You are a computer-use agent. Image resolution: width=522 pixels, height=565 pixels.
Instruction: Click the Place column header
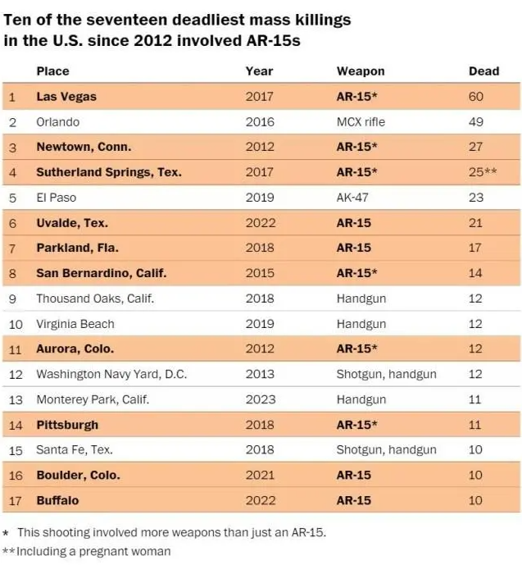(x=52, y=71)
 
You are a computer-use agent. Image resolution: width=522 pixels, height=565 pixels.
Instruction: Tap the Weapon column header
(x=360, y=71)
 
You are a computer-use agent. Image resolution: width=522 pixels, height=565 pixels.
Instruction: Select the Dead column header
(x=483, y=71)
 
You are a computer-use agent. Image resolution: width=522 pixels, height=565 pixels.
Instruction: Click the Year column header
(x=259, y=71)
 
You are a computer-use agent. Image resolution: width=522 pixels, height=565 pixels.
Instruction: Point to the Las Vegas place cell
(x=66, y=97)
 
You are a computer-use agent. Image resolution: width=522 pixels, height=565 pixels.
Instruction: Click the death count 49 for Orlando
(x=475, y=122)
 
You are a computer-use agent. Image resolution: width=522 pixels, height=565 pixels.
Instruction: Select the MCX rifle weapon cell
(x=361, y=122)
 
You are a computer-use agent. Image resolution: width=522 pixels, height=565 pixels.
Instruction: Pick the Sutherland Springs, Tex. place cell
(x=109, y=172)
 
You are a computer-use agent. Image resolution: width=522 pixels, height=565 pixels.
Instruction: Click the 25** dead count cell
(x=483, y=172)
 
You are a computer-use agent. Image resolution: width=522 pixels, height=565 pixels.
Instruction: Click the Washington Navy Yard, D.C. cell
(x=111, y=374)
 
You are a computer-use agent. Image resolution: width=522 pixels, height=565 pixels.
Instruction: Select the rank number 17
(x=12, y=500)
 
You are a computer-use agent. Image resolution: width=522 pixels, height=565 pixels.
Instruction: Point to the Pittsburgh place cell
(x=67, y=425)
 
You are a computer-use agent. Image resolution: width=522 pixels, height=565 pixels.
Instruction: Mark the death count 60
(x=475, y=97)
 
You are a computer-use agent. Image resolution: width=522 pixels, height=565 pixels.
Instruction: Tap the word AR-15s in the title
(x=269, y=41)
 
